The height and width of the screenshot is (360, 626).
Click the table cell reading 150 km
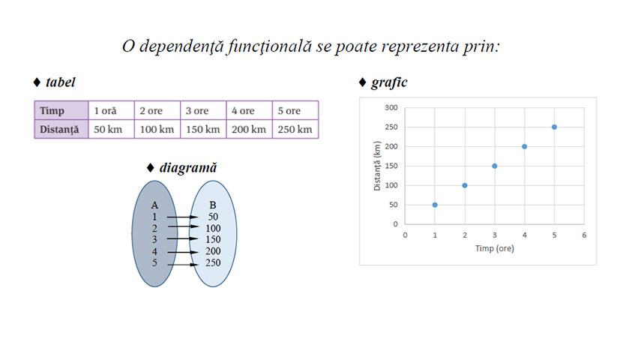click(x=202, y=129)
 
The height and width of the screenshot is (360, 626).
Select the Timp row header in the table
click(x=60, y=110)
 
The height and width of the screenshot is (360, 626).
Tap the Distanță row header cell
click(x=60, y=129)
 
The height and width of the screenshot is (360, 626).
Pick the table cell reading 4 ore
click(x=249, y=110)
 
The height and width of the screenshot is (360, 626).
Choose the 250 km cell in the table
click(x=295, y=129)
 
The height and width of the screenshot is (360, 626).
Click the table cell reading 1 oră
click(x=111, y=110)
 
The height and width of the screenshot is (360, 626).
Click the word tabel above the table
click(x=60, y=82)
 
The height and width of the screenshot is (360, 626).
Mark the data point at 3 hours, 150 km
click(x=495, y=166)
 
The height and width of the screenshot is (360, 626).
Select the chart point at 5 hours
click(x=554, y=127)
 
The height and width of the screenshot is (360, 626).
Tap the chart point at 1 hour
click(x=435, y=205)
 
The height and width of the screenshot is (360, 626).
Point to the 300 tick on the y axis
click(x=391, y=107)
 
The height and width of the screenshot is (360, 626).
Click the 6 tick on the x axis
click(x=584, y=235)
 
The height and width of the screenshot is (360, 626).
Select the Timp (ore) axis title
click(x=494, y=248)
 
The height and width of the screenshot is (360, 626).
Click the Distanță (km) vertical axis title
click(x=378, y=166)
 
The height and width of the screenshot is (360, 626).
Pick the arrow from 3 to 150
click(x=182, y=239)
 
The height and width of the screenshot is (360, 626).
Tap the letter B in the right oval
click(x=213, y=205)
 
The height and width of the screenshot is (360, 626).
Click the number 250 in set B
click(x=213, y=263)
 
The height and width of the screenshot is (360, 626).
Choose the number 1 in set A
click(x=154, y=217)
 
